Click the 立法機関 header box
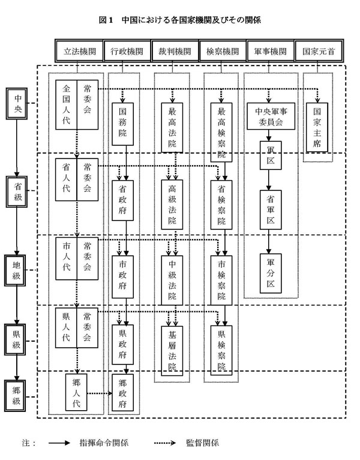coord(79,52)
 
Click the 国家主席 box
coord(317,128)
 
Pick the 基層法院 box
coord(172,348)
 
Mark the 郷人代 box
coord(77,394)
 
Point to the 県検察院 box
coord(221,348)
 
